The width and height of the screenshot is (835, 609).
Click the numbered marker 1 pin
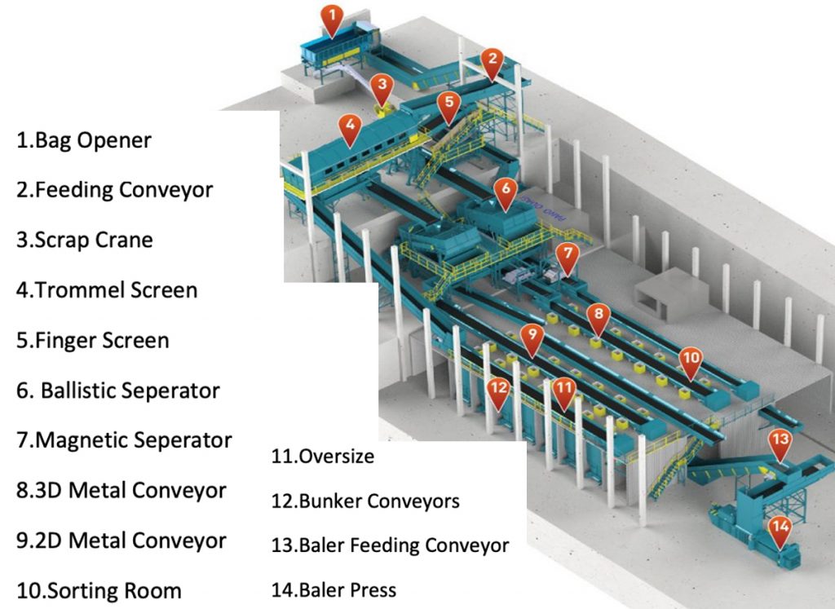point(331,17)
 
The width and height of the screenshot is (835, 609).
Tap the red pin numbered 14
point(780,529)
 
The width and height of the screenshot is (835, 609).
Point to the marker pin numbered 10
point(691,360)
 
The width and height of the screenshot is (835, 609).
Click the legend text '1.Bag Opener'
point(84,140)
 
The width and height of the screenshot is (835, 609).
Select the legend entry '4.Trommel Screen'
point(107,289)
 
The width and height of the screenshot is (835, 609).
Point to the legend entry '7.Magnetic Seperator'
point(124,440)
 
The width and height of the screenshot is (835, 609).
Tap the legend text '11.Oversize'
point(323,456)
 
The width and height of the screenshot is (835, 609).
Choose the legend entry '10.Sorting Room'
point(99,590)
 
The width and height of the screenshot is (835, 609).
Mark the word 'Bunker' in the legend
point(331,501)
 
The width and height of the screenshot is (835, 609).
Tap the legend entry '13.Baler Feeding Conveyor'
point(391,545)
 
